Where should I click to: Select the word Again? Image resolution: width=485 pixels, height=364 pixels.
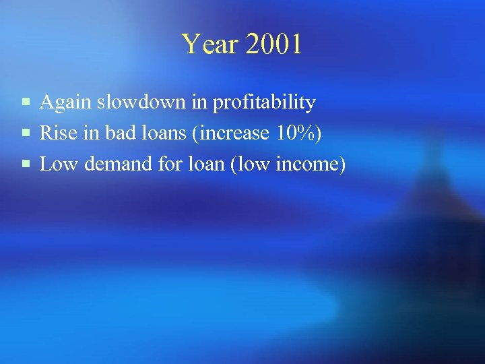click(x=65, y=102)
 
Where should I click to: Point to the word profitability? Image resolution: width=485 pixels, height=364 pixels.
click(x=265, y=103)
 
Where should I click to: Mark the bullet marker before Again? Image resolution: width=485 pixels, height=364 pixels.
click(x=25, y=103)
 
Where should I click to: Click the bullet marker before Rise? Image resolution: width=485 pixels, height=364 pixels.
click(x=25, y=134)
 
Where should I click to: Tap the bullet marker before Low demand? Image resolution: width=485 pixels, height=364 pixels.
click(x=25, y=165)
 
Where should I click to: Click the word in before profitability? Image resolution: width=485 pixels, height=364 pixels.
click(x=200, y=102)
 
